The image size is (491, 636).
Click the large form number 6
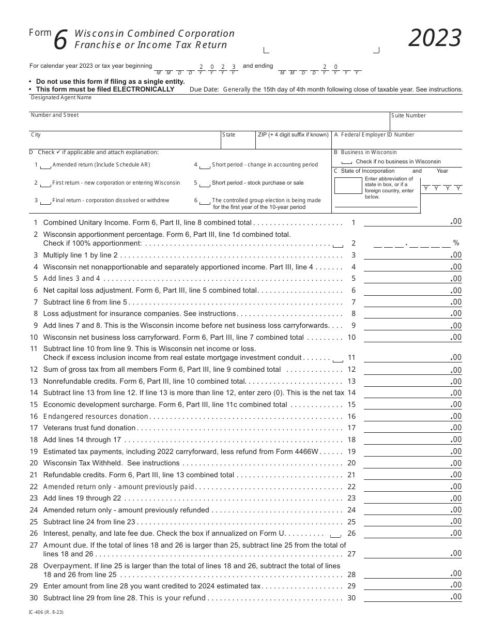60,41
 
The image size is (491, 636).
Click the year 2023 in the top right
435,38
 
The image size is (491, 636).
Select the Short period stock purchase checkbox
205,184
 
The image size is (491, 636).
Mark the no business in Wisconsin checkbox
347,162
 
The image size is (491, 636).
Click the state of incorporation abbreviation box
348,185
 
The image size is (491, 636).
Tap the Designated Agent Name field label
61,97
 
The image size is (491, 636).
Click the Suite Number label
408,116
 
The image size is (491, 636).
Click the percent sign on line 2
456,243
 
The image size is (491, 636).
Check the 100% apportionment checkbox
337,245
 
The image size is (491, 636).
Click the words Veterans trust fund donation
89,428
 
